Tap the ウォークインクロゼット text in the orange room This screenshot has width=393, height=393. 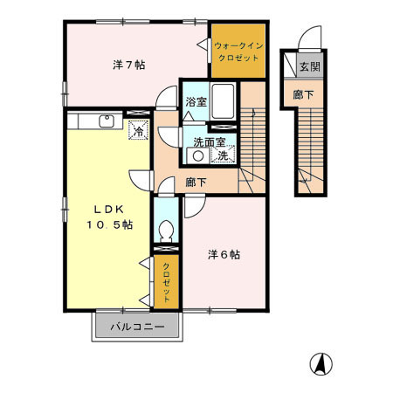coord(237,50)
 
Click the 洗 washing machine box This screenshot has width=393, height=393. coord(224,155)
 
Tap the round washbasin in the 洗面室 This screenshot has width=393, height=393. coord(198,156)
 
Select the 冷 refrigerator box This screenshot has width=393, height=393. coord(138,131)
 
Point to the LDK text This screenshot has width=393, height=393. coord(110,210)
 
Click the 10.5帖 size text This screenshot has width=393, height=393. coord(110,225)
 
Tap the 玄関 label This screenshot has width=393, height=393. coord(309,66)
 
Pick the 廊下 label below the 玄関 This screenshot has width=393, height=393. coord(302,94)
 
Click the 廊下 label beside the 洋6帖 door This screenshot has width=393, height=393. coord(196,183)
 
